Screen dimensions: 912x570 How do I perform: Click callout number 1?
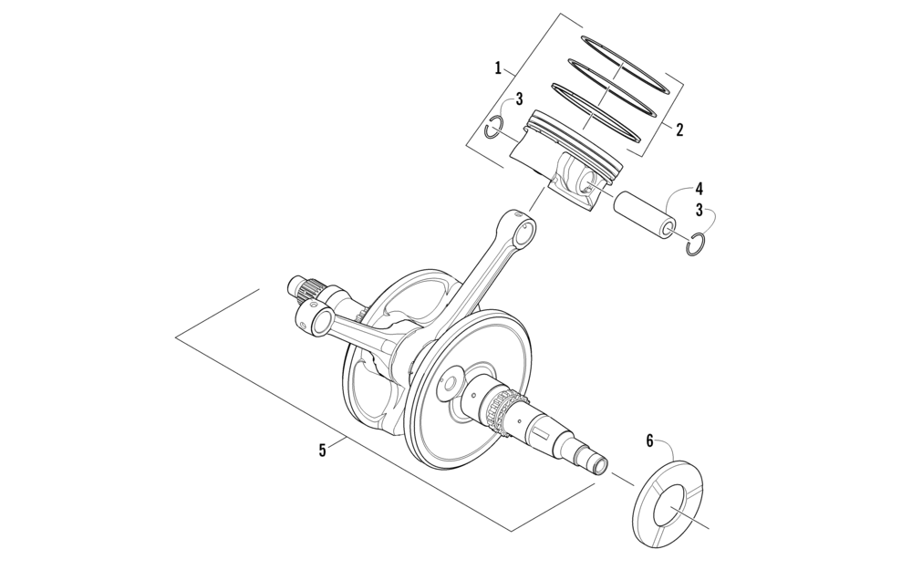(499, 67)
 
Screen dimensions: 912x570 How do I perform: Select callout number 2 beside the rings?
(679, 130)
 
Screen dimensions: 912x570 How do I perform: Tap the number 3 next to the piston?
(518, 98)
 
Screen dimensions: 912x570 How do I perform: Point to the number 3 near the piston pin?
(699, 210)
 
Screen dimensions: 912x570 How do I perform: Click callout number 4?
(699, 189)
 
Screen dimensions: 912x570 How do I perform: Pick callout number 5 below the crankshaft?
(322, 450)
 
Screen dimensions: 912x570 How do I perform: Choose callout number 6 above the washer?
(650, 440)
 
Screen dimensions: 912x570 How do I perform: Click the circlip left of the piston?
(493, 127)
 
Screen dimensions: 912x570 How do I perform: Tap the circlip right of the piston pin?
(696, 244)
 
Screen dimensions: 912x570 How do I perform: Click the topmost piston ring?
(627, 63)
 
